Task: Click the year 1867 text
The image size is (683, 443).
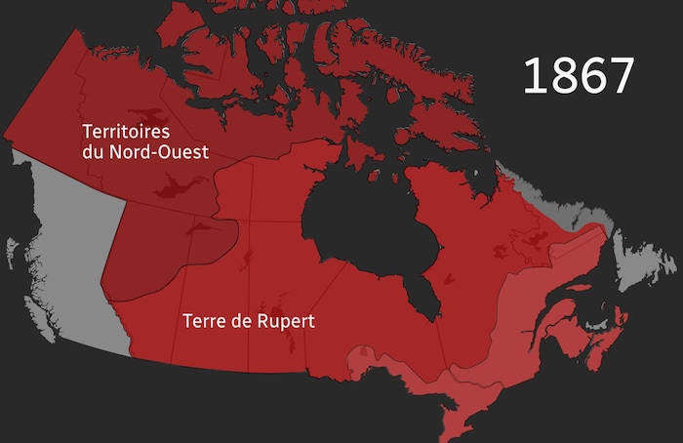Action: pos(579,76)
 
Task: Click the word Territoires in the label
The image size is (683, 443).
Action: pos(126,131)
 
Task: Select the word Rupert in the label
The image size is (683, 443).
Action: pos(281,320)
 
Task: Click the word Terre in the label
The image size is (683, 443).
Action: pos(203,320)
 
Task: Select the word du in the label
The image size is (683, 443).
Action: pos(94,151)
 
